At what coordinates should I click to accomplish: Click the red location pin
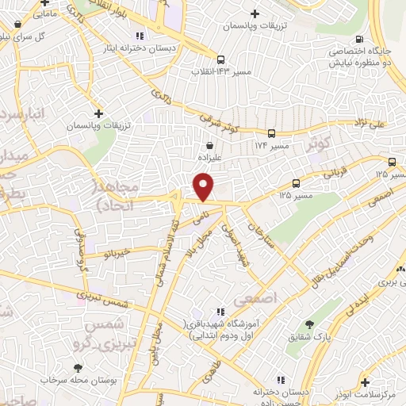[x=204, y=187]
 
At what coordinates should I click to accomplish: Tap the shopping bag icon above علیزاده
[x=209, y=146]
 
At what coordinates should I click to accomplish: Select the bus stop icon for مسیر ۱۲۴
[x=271, y=133]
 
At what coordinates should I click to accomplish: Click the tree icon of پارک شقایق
[x=308, y=325]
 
